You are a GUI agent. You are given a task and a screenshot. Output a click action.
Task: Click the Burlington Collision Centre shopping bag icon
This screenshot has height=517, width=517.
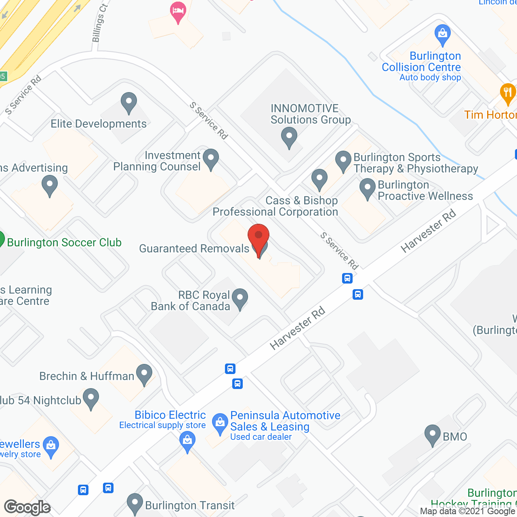click(x=443, y=35)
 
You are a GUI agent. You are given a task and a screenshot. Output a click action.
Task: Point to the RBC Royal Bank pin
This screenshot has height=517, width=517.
click(x=240, y=299)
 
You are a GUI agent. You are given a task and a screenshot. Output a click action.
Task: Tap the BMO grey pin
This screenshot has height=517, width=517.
click(x=432, y=435)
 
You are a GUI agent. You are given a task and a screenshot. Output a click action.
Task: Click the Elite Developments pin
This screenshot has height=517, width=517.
click(x=129, y=103)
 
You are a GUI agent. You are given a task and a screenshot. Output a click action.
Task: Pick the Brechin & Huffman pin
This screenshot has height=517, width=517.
click(x=144, y=374)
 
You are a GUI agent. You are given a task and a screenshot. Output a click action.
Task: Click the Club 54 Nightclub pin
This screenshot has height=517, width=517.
click(x=91, y=399)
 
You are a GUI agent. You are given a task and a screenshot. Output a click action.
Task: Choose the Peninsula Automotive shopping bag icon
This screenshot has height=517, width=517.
click(x=220, y=424)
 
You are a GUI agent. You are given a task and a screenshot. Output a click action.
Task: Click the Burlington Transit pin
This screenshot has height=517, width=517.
click(x=135, y=504)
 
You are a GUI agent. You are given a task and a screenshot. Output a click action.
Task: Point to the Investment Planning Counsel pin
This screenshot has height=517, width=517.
click(x=210, y=159)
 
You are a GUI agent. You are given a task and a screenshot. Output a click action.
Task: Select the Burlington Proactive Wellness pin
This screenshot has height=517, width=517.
click(x=368, y=189)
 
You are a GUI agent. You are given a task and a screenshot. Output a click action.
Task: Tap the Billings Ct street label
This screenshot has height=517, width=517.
click(x=99, y=23)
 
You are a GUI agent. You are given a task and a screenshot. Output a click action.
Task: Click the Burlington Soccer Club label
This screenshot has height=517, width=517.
click(x=64, y=242)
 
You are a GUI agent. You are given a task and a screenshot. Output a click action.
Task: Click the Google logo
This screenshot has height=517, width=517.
click(x=27, y=507)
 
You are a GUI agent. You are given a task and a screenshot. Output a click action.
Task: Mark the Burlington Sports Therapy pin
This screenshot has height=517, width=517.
click(x=343, y=161)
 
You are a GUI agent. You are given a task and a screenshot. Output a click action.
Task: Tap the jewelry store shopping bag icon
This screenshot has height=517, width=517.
click(x=51, y=447)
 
